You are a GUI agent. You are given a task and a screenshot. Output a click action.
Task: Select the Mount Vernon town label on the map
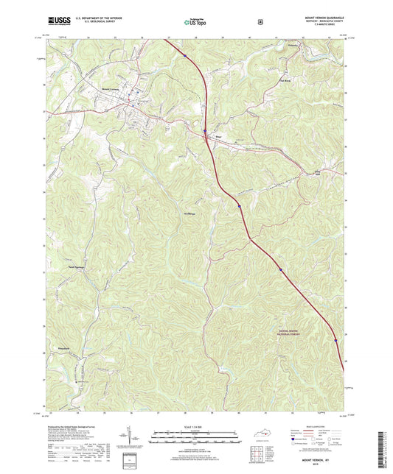[111, 90]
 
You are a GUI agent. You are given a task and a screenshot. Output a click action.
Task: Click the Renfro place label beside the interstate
[218, 135]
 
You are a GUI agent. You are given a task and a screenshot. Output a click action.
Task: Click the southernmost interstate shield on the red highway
[336, 339]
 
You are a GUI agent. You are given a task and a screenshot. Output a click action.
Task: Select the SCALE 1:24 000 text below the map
[195, 426]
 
